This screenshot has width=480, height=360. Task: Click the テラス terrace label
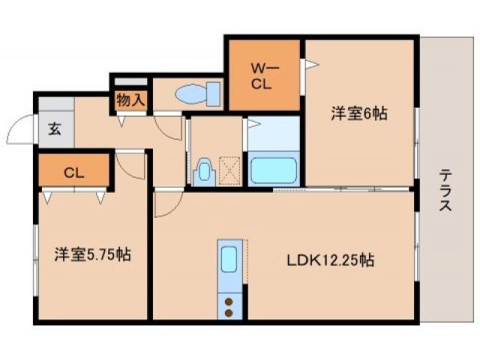[x=445, y=192]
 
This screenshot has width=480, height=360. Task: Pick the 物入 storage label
[x=130, y=100]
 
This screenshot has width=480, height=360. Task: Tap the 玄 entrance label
[x=55, y=127]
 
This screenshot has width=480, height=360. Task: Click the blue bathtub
[x=274, y=170]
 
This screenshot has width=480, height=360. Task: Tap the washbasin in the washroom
[x=202, y=172]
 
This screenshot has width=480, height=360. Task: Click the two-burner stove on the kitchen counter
[x=229, y=305]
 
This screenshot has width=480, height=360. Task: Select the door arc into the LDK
[x=166, y=204]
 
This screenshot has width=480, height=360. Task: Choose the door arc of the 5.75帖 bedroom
[x=130, y=166]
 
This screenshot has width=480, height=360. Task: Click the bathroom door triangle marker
[x=253, y=123]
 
